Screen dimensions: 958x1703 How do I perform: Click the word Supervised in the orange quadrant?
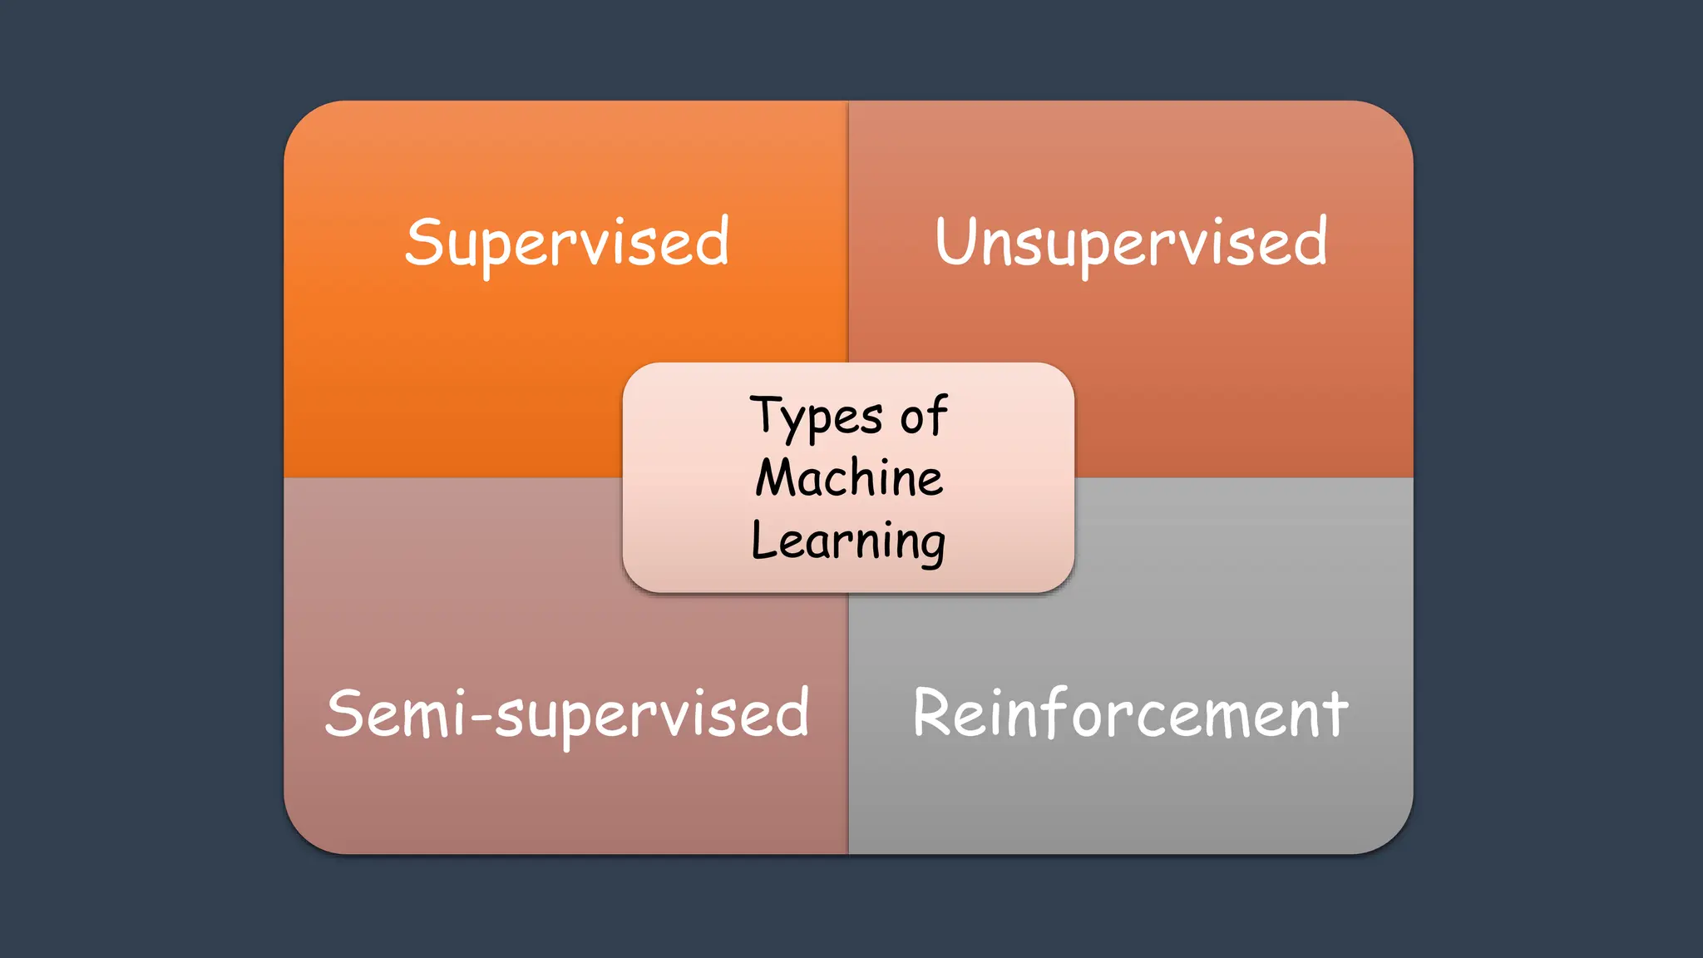pyautogui.click(x=567, y=243)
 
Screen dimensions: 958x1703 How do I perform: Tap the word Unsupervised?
pyautogui.click(x=1131, y=243)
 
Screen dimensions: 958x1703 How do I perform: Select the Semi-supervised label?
pyautogui.click(x=567, y=714)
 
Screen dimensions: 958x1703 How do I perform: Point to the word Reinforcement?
pyautogui.click(x=1131, y=714)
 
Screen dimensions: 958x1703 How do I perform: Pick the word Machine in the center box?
pyautogui.click(x=849, y=478)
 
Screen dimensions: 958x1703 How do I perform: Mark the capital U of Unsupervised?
pyautogui.click(x=957, y=241)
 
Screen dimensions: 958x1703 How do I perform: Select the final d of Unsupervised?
pyautogui.click(x=1310, y=241)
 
